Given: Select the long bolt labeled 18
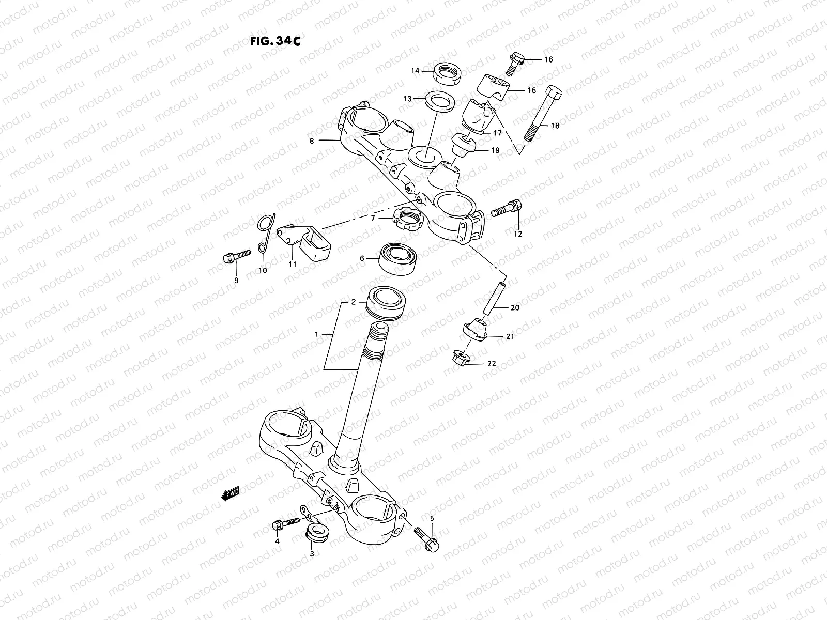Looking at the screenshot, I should pyautogui.click(x=541, y=114).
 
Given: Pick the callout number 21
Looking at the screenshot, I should pyautogui.click(x=510, y=337).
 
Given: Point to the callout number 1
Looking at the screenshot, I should pyautogui.click(x=316, y=335).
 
